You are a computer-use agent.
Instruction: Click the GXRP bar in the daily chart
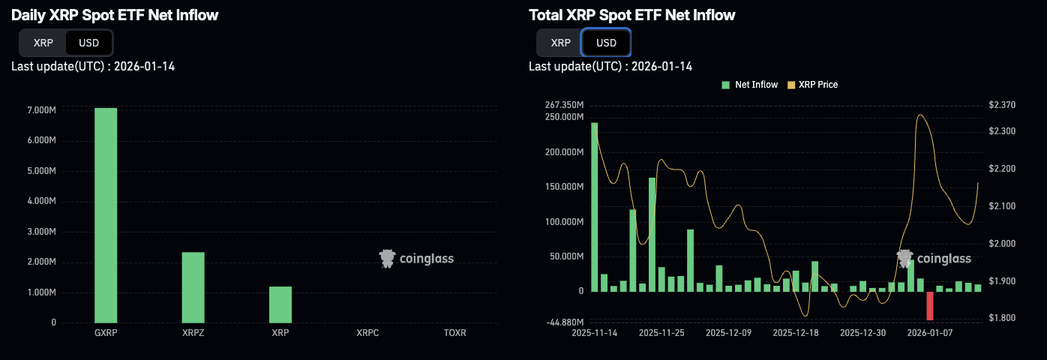click(106, 215)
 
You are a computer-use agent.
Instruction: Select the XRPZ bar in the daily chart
click(193, 287)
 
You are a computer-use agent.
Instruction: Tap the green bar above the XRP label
click(280, 304)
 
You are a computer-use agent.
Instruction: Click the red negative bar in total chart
click(930, 306)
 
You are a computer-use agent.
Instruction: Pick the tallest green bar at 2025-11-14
click(594, 206)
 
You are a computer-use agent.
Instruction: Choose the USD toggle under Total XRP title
click(606, 43)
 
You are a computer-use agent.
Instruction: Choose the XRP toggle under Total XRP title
click(560, 43)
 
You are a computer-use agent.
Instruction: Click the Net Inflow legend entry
click(750, 85)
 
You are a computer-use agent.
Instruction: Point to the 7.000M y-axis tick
click(41, 110)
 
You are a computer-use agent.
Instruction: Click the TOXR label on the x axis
click(454, 332)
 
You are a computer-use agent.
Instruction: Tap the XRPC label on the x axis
click(367, 332)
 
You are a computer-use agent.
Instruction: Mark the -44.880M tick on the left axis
click(565, 323)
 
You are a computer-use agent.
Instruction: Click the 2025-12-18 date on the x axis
click(796, 332)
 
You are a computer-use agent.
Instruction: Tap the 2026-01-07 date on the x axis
click(930, 332)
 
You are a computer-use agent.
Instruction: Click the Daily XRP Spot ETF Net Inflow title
click(115, 15)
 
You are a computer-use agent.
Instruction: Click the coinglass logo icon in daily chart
click(387, 259)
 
